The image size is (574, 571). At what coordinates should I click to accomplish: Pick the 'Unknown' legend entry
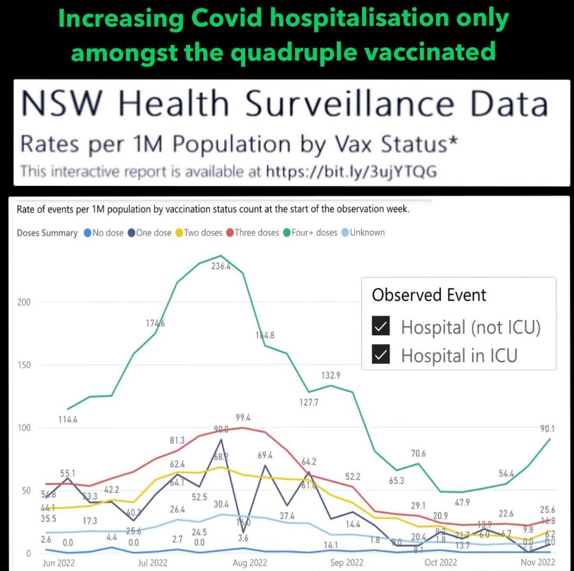[x=363, y=232]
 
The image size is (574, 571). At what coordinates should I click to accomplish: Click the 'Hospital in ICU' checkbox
[x=381, y=355]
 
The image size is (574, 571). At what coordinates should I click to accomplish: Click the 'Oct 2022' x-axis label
[x=439, y=563]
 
